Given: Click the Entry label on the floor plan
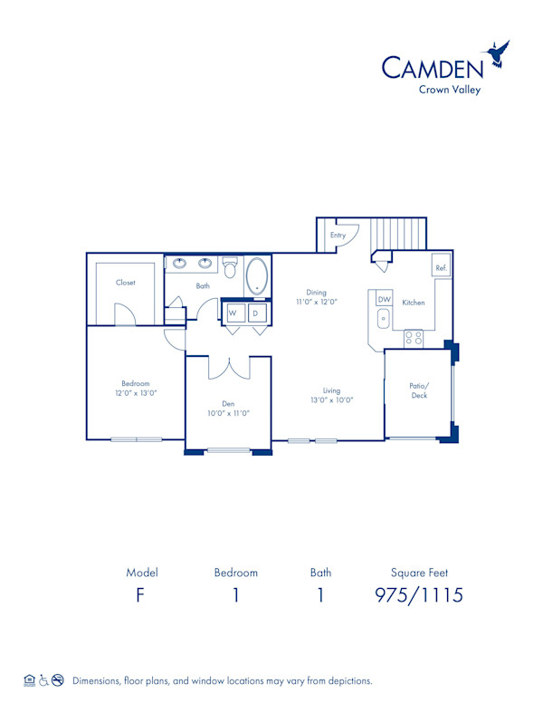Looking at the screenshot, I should [x=338, y=236].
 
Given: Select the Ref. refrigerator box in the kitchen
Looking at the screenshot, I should [x=441, y=268].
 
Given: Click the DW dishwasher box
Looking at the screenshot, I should [x=384, y=300].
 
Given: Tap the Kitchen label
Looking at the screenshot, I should [x=414, y=303].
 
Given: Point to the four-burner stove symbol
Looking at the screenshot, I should [x=414, y=337].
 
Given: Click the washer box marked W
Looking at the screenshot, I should [x=233, y=313].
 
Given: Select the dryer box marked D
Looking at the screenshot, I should [x=256, y=313].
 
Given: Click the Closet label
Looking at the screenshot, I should [x=126, y=283].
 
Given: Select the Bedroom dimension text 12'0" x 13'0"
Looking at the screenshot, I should [x=137, y=393].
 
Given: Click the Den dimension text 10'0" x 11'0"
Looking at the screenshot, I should [x=228, y=413].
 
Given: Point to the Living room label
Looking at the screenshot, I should [x=331, y=390].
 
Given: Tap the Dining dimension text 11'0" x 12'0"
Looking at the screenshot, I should [x=316, y=303].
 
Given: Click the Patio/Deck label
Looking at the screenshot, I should [x=418, y=390].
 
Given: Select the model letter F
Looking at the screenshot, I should [x=141, y=595].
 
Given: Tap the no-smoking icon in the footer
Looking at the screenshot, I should [x=57, y=679].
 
